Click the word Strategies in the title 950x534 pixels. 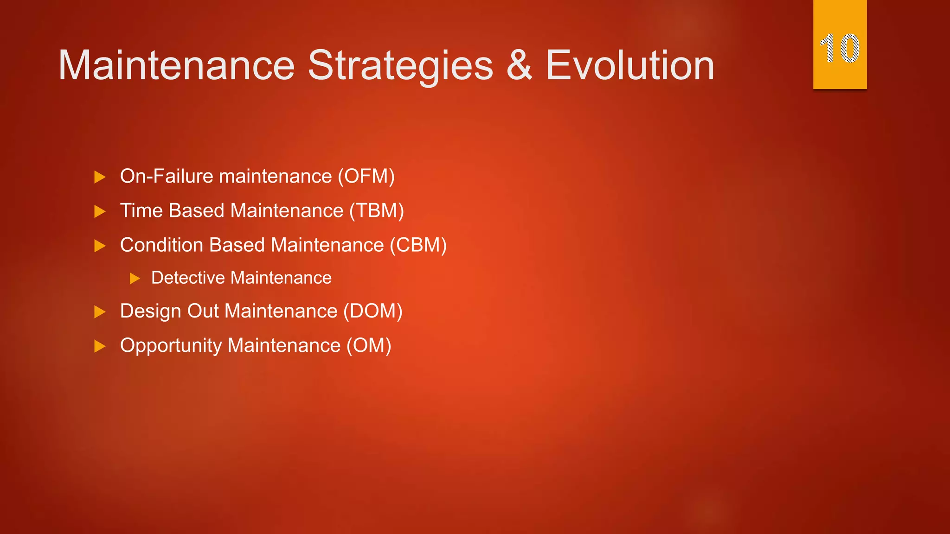[400, 66]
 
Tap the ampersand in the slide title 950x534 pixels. [519, 66]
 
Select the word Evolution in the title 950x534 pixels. [630, 66]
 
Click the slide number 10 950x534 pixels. [840, 48]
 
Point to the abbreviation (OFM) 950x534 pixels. [366, 177]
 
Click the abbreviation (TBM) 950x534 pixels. [376, 211]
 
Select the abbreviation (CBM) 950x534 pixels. [418, 245]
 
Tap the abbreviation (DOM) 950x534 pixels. [372, 311]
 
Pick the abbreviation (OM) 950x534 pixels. [369, 346]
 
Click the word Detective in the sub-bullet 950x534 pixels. [188, 278]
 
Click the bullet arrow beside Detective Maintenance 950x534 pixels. [135, 279]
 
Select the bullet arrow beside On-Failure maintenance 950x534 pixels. [100, 177]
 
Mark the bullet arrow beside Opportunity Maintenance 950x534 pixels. [100, 346]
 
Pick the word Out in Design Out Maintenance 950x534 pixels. [203, 311]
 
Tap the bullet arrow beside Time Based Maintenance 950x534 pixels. [100, 212]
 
